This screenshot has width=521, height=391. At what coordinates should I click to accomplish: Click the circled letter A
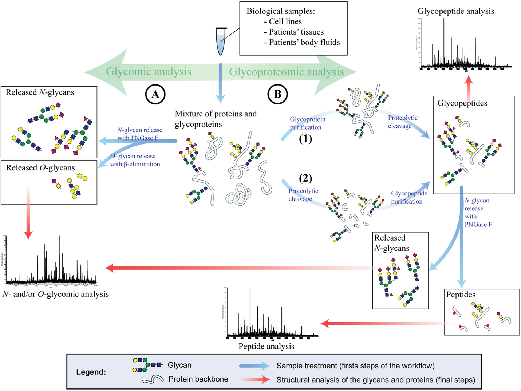pos(155,94)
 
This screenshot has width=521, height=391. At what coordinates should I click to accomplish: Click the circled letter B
pos(277,94)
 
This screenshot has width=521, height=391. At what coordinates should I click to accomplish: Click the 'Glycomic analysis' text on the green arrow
pos(149,72)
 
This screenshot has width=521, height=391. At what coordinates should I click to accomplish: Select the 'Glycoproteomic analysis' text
pos(286,72)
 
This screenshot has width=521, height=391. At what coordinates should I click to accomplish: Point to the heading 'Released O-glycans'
pos(40,168)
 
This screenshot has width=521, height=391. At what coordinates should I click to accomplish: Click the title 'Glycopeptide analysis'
pos(456,11)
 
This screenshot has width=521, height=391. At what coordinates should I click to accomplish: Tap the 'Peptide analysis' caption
pos(266,347)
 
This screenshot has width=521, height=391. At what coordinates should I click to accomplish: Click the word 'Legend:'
pos(91,372)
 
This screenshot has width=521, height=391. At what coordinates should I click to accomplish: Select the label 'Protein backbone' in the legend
pos(198,379)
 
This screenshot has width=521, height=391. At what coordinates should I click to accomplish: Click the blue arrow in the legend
pos(254,366)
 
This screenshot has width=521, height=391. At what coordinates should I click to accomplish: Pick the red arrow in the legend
pos(254,380)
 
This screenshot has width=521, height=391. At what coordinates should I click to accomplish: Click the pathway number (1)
pos(305,139)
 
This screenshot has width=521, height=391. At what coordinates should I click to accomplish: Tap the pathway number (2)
pos(305,178)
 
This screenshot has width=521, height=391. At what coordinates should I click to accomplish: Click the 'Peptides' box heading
pos(461,295)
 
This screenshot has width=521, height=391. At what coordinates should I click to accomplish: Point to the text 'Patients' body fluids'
pos(304,42)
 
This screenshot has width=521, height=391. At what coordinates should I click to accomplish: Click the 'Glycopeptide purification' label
pos(409,197)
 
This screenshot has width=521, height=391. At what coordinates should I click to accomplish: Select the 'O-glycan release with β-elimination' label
pos(135,160)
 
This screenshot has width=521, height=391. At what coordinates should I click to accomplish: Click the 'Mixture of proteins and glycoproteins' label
pos(216,119)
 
